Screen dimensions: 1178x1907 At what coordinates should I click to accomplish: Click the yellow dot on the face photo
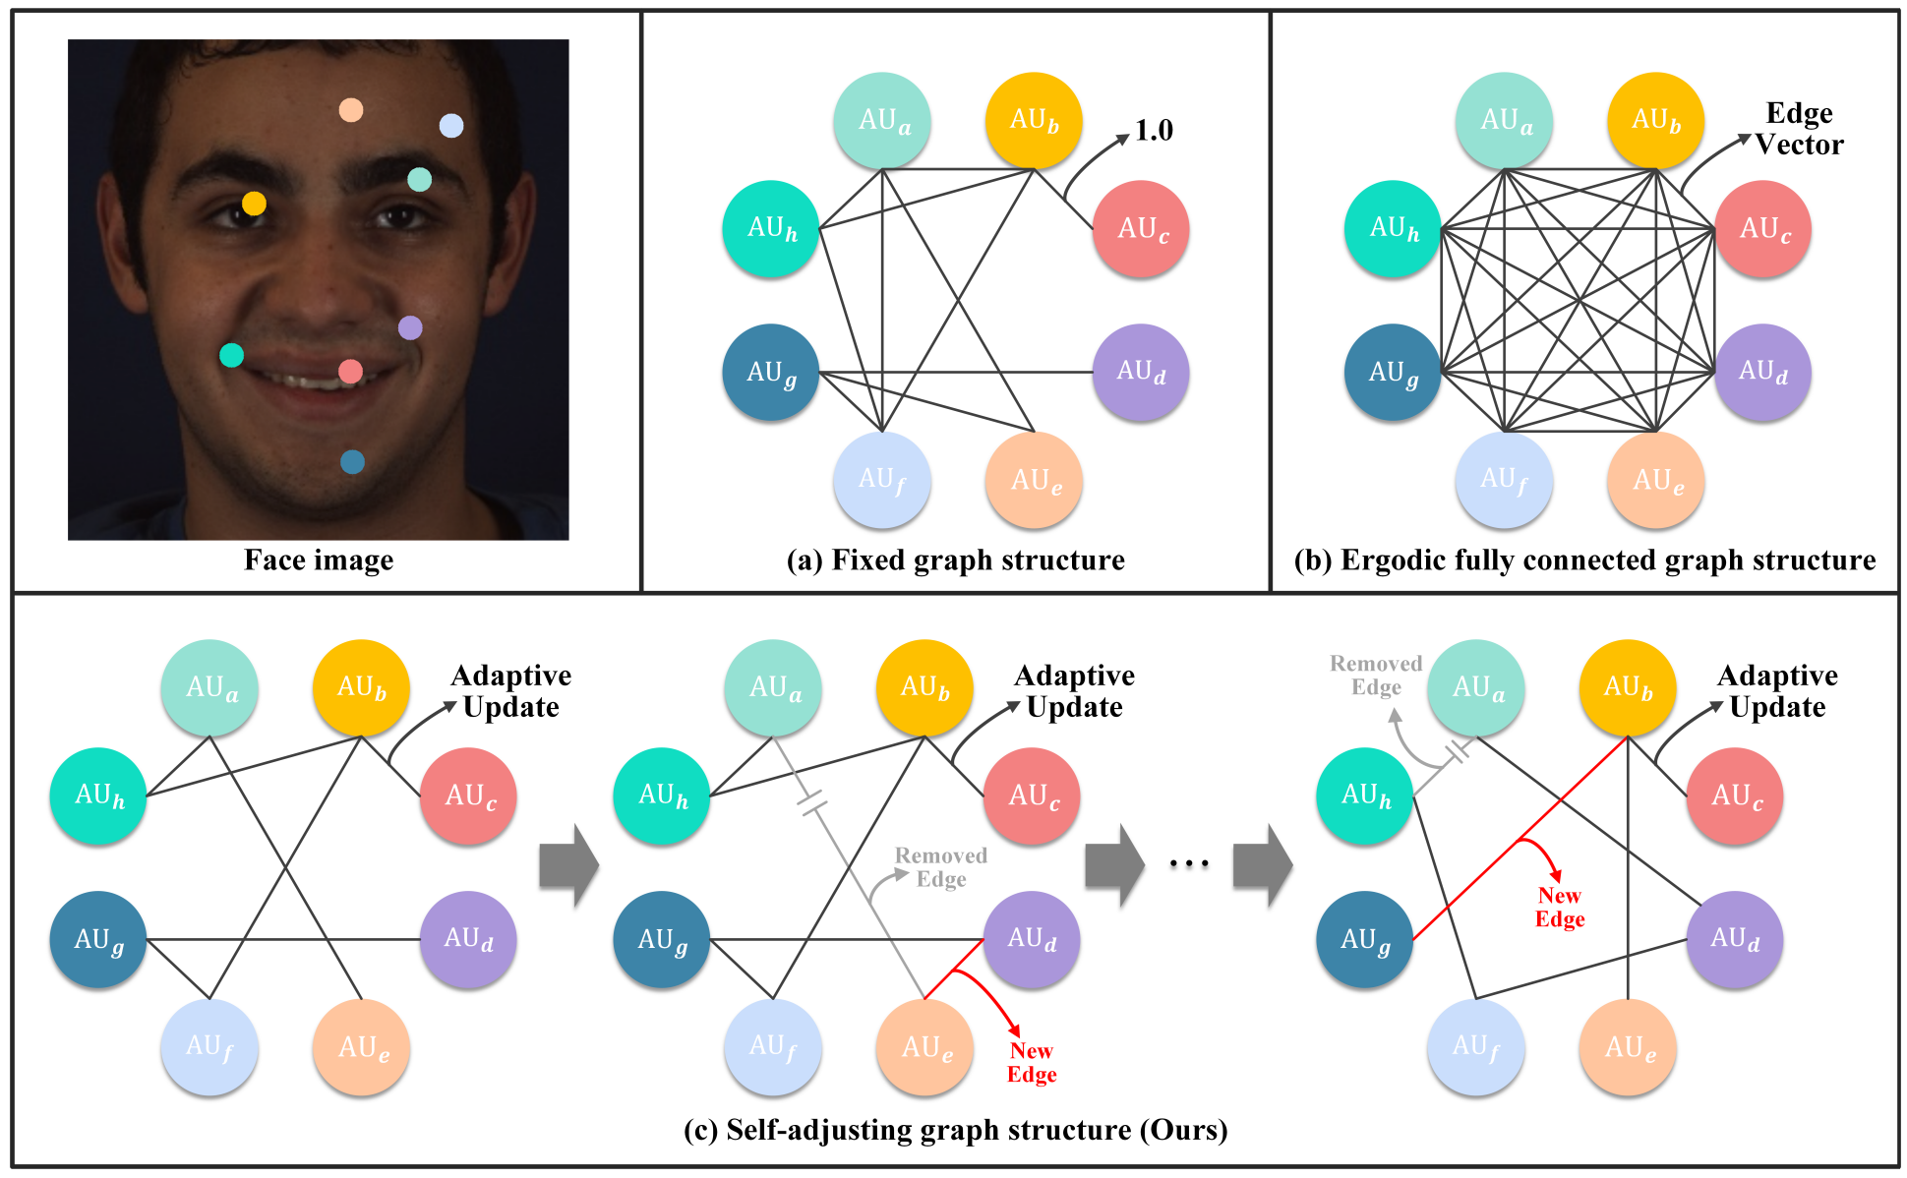pos(254,204)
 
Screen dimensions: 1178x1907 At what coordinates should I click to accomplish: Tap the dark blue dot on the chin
pos(352,461)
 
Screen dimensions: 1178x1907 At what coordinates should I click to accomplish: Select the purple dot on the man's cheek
pos(410,327)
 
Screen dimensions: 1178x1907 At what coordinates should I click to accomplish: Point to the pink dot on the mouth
pos(350,371)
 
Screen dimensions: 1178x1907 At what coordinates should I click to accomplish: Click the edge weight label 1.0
pos(1154,130)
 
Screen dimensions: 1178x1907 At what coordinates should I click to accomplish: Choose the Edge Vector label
pos(1799,129)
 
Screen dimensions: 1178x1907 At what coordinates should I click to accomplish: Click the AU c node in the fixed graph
pos(1141,228)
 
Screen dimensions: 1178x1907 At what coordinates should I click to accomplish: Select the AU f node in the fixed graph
pos(881,480)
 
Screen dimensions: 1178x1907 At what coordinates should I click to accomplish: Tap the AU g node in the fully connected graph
pos(1393,372)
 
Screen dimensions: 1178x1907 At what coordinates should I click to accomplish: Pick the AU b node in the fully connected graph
pos(1655,120)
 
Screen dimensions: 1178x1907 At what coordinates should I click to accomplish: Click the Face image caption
pos(319,560)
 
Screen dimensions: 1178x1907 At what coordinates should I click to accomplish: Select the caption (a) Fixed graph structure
pos(955,560)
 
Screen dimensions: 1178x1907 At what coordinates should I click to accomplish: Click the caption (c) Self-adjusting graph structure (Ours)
pos(955,1130)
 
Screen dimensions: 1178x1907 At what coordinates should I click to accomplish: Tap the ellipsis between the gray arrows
pos(1188,864)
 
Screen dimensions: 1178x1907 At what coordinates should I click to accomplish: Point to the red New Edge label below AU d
pos(1032,1063)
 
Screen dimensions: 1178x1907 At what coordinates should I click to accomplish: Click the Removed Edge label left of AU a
pos(1376,676)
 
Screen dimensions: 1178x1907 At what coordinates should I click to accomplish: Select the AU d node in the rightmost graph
pos(1735,938)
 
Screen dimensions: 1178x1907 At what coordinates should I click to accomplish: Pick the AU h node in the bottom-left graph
pos(98,795)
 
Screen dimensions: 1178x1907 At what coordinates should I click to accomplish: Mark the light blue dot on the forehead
pos(450,126)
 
